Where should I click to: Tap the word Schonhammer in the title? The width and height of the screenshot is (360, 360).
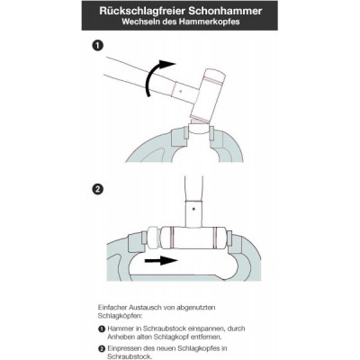point(226,11)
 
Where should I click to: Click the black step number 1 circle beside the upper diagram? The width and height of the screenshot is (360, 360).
point(98,46)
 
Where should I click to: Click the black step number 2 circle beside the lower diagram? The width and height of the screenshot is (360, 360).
point(98,190)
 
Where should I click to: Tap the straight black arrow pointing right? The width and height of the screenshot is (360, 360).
point(161,260)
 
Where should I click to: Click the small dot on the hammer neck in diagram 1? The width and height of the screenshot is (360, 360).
point(180,90)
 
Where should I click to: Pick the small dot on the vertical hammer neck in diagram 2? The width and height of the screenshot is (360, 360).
point(194,208)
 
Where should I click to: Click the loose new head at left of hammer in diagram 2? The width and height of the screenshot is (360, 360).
point(154,238)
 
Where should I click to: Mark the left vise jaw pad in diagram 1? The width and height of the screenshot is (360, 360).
point(186,132)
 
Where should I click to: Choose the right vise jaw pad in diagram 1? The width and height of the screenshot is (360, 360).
point(211,133)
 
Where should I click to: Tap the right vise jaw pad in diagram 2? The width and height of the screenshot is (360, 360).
point(229,238)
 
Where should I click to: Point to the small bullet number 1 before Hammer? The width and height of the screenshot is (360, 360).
point(102,328)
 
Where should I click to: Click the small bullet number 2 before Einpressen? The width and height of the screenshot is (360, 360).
point(102,349)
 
